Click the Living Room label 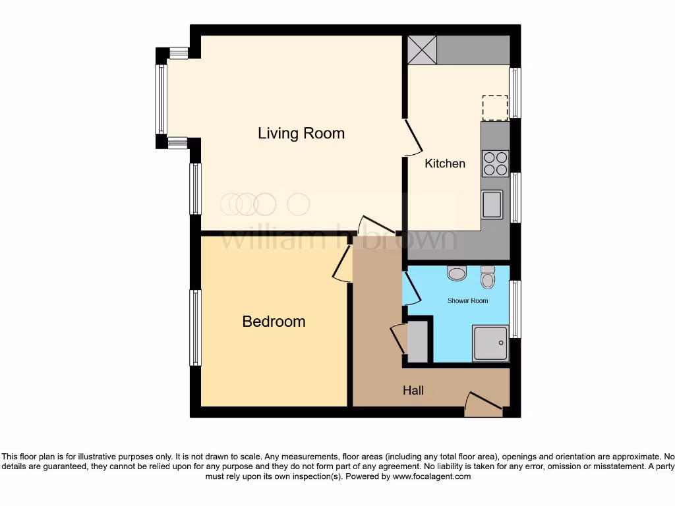pos(301,134)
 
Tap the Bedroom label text pos(274,322)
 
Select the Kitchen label pos(445,163)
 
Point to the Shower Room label pos(467,301)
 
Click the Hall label pos(413,391)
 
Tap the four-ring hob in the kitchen pos(495,163)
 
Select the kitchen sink pos(492,204)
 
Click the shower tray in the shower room pos(490,343)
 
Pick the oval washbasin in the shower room pos(456,273)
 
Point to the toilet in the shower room pos(488,277)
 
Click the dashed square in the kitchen pos(495,108)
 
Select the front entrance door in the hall pos(483,403)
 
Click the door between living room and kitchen pos(413,138)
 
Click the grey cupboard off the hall pos(418,341)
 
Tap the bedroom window pos(196,327)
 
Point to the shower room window pos(515,309)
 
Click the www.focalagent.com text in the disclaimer pos(432,476)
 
